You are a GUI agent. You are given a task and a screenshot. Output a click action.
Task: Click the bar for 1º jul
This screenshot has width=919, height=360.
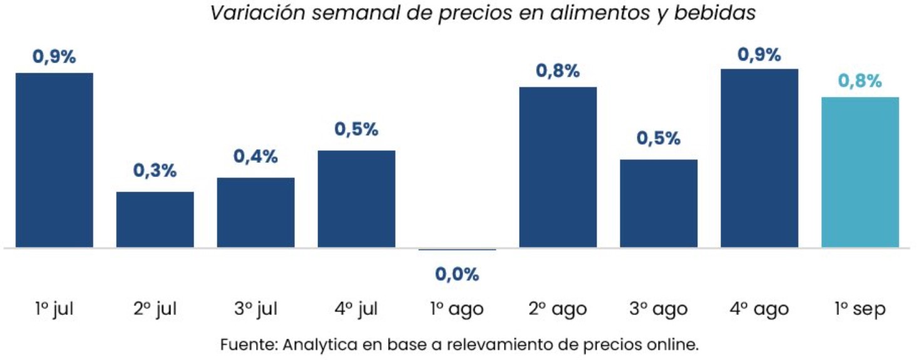pos(54,160)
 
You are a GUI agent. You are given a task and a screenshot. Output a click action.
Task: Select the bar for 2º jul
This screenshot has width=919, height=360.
pos(155,220)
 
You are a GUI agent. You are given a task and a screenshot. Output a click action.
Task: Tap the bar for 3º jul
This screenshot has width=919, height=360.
pos(255,213)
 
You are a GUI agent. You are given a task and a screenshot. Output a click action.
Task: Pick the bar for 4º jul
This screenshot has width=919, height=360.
pos(357,199)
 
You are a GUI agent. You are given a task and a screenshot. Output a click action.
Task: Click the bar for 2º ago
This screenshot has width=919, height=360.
pos(558,167)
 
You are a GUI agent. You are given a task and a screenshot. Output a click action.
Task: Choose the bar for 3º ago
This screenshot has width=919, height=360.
pos(659,203)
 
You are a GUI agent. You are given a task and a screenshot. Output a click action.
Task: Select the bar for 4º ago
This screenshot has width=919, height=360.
pos(759,158)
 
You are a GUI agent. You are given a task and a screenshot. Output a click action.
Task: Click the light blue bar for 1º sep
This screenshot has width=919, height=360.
pos(860,172)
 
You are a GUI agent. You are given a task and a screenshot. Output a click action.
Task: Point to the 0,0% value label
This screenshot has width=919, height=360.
pos(457,274)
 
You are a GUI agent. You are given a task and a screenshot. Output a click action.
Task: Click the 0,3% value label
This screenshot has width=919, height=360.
pos(155,170)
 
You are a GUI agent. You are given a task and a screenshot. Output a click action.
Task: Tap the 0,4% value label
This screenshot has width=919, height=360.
pos(255,157)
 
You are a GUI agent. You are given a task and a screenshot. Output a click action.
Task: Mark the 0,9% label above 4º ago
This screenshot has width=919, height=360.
pos(759,54)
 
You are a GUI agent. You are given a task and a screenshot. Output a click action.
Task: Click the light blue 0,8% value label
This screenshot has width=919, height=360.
pos(860,81)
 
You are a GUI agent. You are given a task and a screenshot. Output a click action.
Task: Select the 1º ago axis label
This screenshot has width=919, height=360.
pos(457,309)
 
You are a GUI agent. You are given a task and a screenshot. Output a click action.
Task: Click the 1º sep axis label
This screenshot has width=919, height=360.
pos(860,309)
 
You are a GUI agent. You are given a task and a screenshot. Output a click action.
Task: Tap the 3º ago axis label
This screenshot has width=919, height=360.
pos(659,309)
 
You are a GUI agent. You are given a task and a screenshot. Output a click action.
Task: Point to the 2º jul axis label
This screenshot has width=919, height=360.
pos(155,309)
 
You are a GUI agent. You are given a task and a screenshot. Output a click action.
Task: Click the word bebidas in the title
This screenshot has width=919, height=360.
pos(715,13)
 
